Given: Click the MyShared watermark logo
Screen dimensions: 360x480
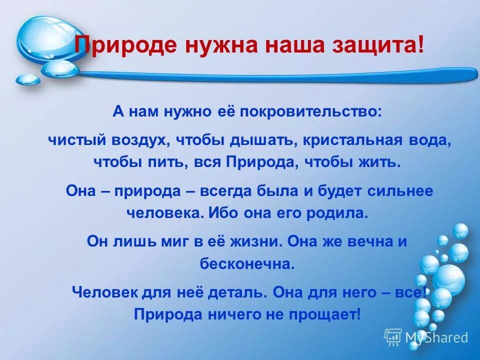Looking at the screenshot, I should [x=426, y=337].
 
